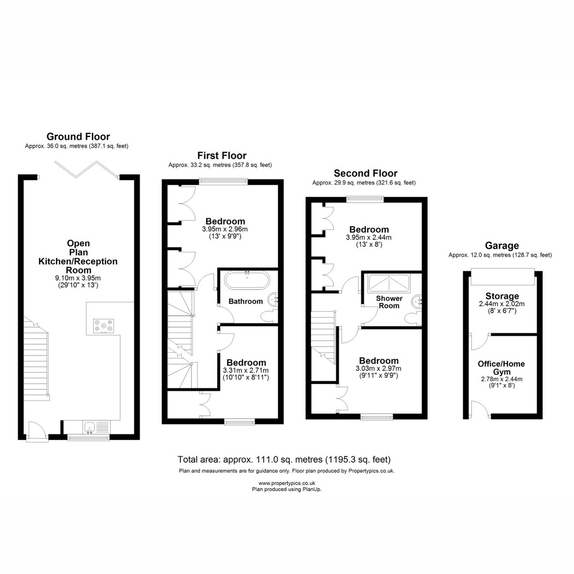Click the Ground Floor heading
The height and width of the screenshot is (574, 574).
click(x=78, y=136)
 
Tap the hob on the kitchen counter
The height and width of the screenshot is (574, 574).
click(x=103, y=326)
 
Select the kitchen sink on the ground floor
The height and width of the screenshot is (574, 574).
click(x=89, y=428)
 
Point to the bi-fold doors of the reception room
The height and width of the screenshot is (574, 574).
click(x=87, y=169)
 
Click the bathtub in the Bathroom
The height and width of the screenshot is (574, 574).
click(x=247, y=280)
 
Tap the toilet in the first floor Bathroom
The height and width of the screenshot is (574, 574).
click(x=270, y=316)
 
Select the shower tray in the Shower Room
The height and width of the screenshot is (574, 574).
click(x=389, y=284)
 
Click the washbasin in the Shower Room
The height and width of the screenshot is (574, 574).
click(x=417, y=302)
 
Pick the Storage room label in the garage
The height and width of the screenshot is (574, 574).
click(x=502, y=296)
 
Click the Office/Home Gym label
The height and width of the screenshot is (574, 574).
click(x=501, y=367)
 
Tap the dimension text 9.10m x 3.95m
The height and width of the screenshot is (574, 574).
click(x=78, y=278)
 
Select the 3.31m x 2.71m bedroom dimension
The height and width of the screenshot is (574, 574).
click(x=246, y=370)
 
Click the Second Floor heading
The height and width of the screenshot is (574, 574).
click(x=365, y=173)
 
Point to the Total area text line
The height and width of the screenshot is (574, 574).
click(x=284, y=459)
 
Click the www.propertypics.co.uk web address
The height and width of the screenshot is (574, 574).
click(x=287, y=483)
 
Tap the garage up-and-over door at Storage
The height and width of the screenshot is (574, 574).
click(x=503, y=277)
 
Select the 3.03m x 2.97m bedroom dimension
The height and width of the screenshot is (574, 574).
click(x=378, y=368)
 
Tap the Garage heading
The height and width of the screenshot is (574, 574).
click(x=502, y=245)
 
